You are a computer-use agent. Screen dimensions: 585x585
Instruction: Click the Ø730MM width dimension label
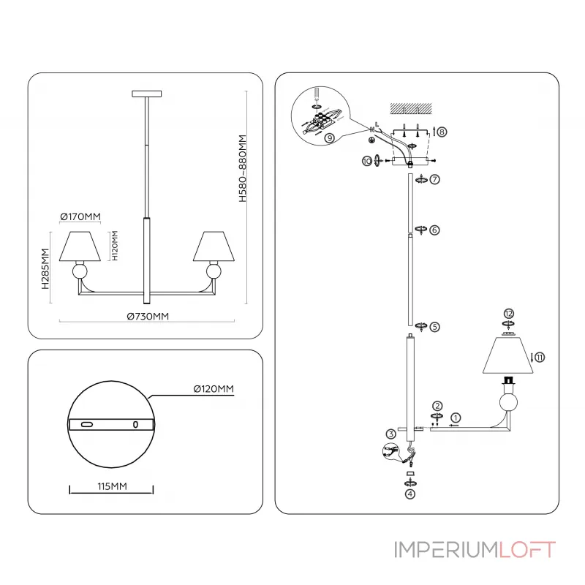(148, 317)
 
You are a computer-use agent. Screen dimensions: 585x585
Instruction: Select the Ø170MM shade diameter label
(80, 216)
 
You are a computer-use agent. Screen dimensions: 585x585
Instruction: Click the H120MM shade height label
(114, 246)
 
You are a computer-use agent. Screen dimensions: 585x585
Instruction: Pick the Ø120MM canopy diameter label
(213, 389)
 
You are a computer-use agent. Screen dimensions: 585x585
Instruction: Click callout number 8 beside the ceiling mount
(442, 132)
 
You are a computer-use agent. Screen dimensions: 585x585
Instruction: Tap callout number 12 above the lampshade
(509, 313)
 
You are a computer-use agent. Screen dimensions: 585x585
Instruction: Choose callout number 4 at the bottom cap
(410, 493)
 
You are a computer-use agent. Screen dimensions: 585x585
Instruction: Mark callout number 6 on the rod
(434, 230)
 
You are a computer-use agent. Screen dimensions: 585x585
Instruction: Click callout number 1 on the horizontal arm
(454, 417)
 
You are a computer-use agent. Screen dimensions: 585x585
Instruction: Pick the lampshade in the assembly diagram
(508, 356)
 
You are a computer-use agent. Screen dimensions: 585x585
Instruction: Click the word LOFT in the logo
(526, 550)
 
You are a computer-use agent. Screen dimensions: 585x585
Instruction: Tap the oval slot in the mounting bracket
(87, 424)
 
